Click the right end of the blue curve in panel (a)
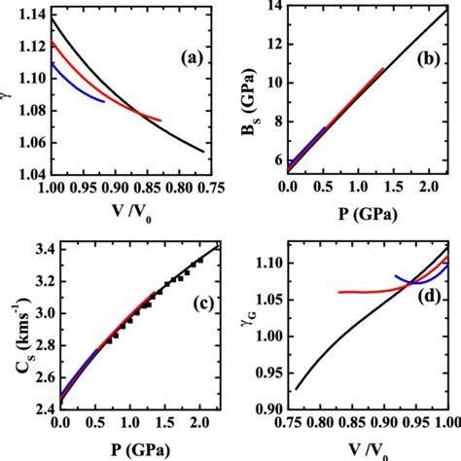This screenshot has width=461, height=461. coord(105,101)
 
